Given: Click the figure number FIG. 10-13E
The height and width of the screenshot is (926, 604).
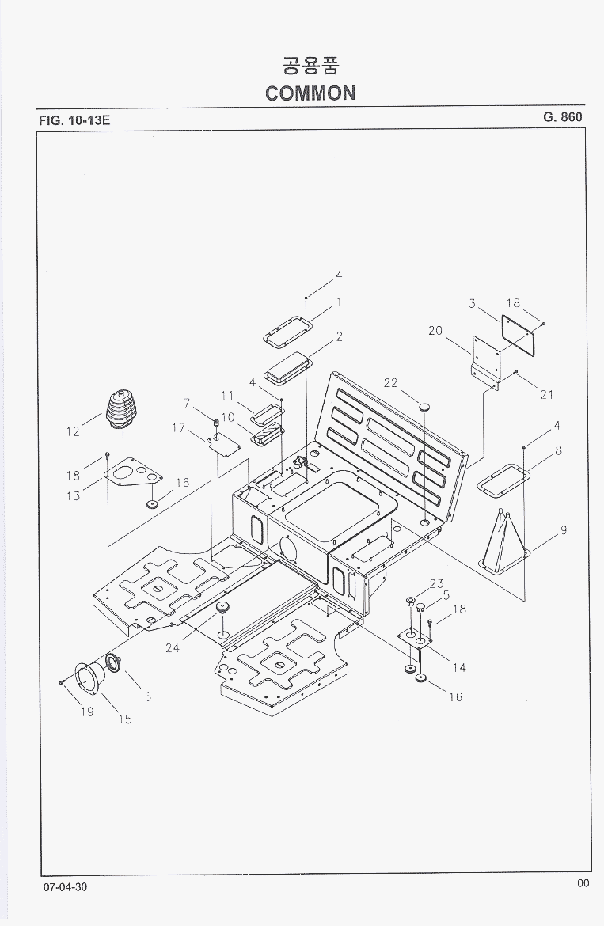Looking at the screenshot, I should [75, 121].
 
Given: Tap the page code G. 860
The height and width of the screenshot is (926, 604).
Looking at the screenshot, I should [562, 117].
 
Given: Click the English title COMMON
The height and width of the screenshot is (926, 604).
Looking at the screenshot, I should [310, 93].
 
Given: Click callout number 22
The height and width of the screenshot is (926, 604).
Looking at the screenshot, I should [390, 383].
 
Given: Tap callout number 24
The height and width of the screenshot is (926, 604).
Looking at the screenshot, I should [173, 647].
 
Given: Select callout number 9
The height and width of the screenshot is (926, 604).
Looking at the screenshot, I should [563, 531].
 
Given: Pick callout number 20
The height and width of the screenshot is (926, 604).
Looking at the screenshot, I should [435, 331].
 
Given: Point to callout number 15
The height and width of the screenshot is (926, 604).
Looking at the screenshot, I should [125, 719].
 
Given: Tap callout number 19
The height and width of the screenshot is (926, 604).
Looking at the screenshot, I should [86, 712].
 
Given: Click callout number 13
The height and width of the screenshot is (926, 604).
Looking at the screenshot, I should [74, 496].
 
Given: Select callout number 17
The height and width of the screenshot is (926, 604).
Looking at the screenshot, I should [178, 428].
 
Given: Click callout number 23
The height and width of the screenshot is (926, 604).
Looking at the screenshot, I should [437, 584].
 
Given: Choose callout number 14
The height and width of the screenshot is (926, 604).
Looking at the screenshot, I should [459, 667].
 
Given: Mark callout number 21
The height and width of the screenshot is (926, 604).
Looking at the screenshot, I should [546, 394].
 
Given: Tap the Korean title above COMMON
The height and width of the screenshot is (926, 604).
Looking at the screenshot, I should [310, 64].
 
